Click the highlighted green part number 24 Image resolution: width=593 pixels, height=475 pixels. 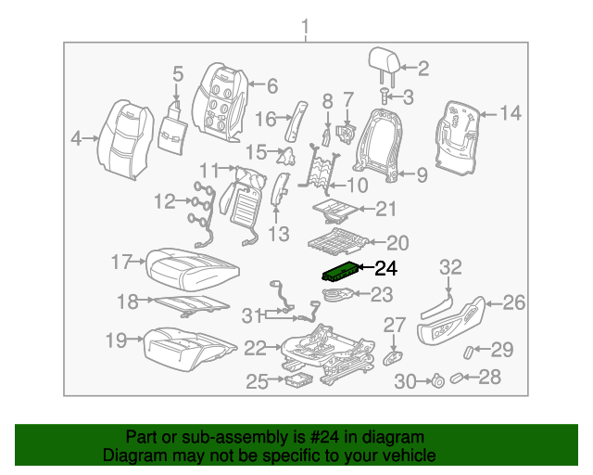342,272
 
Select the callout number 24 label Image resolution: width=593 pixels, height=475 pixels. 385,271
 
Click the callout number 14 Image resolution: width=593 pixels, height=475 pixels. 511,113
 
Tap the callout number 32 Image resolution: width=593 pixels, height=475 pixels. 450,267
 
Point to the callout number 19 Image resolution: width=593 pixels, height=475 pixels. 115,340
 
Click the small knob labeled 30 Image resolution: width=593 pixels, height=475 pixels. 435,379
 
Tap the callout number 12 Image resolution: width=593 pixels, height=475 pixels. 164,200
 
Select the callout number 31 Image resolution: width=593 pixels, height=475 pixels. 254,316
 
